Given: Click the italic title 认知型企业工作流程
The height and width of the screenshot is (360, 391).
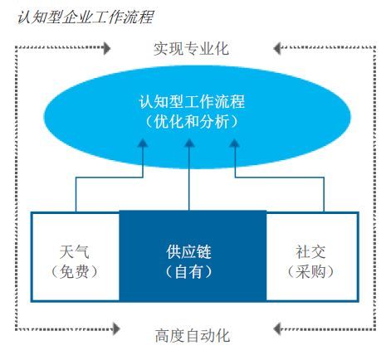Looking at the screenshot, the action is pos(85,17).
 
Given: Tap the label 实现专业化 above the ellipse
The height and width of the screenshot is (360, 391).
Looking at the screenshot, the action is pos(192,49).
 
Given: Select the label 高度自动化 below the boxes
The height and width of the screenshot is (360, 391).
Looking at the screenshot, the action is pos(193,336).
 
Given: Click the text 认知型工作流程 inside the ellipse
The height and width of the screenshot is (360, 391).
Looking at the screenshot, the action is pos(192,101).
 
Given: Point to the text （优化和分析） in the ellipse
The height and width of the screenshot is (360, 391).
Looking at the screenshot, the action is pos(192,122).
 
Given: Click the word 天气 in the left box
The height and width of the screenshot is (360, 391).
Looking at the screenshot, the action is pos(75,252).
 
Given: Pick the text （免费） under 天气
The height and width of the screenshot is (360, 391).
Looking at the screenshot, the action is pos(75,272).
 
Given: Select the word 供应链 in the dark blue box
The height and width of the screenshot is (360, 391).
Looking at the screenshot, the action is pos(188,252).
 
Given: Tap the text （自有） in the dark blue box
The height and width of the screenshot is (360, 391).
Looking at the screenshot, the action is pos(188,272).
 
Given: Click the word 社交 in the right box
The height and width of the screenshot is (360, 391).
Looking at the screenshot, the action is pos(310,252).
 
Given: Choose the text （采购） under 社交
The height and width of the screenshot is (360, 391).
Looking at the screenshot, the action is pos(310,272).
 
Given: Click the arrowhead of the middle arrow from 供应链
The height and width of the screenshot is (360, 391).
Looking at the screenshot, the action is pos(189,144).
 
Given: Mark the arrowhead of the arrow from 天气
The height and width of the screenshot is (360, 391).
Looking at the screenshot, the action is pos(143,144).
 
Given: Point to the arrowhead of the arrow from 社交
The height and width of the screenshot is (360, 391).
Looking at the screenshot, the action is pos(235,144).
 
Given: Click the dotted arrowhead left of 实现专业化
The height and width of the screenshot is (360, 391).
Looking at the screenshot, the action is pos(106,48).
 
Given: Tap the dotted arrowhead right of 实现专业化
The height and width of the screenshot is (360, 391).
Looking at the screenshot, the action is pos(277,48).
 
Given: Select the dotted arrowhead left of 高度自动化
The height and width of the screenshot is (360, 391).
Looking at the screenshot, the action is pos(116,328).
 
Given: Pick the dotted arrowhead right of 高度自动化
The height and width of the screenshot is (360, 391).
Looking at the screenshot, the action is pos(277,328).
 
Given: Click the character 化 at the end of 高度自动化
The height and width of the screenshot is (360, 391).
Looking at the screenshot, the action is pos(222,336).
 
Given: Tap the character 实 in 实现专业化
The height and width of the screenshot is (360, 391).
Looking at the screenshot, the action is pos(161,49).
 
